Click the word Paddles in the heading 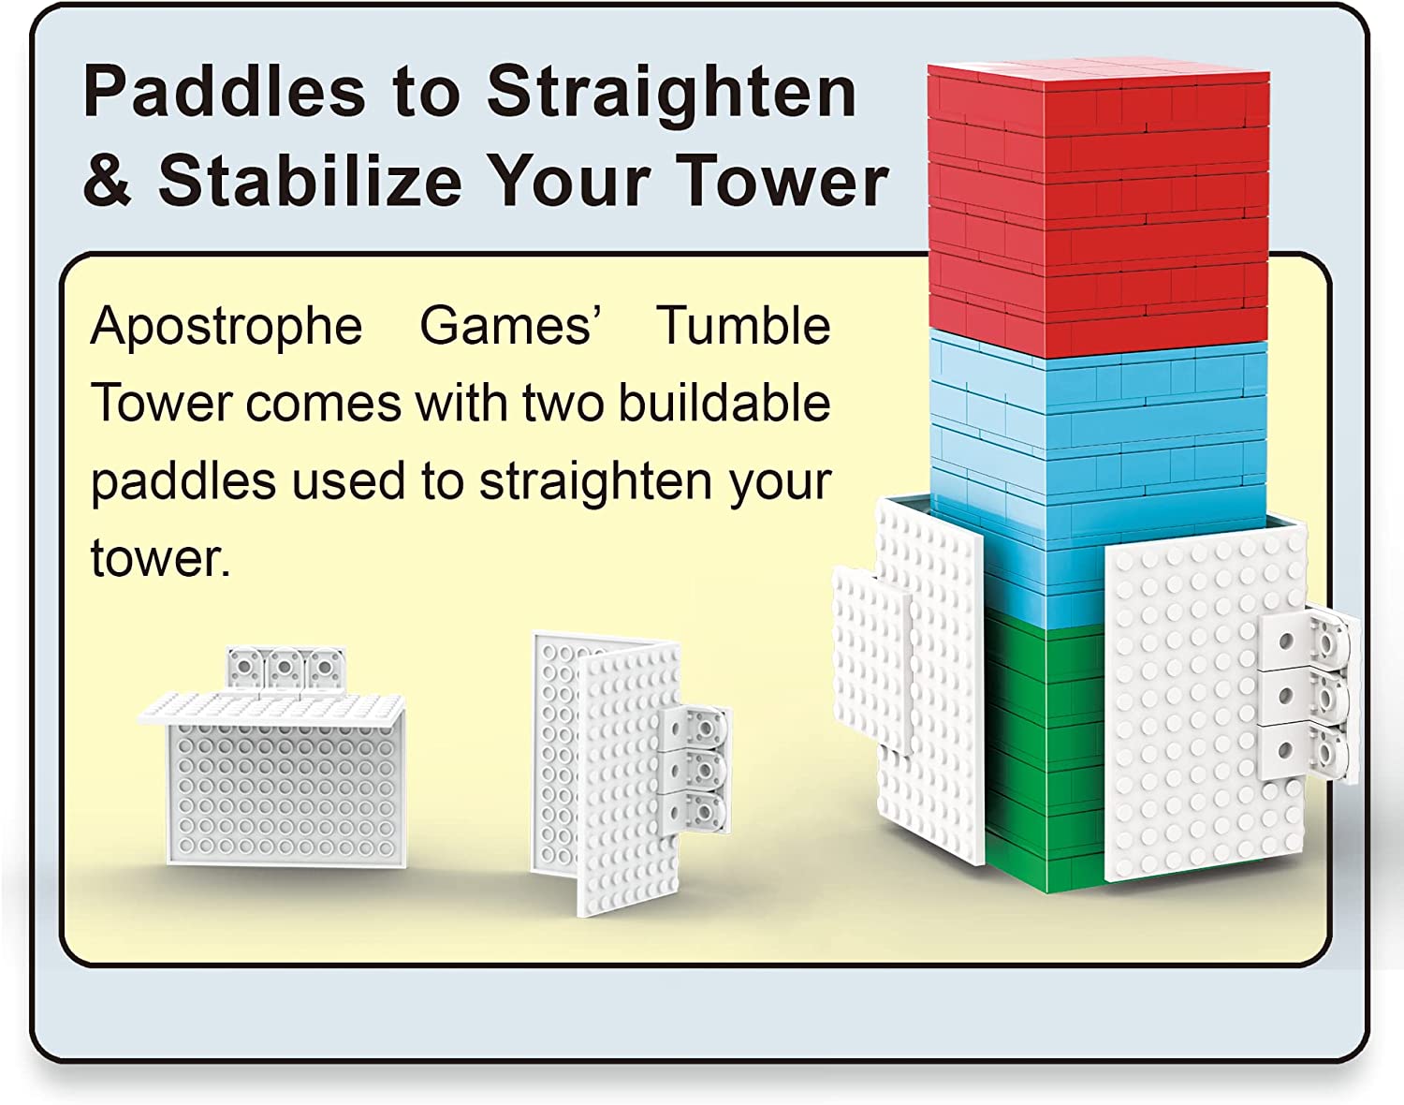click(223, 92)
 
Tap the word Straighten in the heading click(670, 92)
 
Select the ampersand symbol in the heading click(108, 180)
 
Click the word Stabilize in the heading click(309, 180)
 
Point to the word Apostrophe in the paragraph click(226, 327)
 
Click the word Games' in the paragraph click(509, 325)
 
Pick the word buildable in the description click(724, 404)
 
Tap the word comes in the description click(324, 404)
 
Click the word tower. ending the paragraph click(159, 559)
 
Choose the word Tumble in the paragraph click(742, 327)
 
